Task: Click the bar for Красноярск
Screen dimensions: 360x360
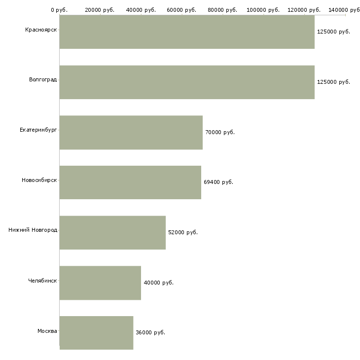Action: pos(187,32)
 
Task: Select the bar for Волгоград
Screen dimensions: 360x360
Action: pos(187,82)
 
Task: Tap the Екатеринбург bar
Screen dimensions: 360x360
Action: pos(131,132)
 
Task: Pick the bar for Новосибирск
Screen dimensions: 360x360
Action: pos(130,182)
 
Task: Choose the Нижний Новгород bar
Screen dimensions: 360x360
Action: pos(112,232)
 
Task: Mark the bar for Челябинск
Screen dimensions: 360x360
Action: pos(100,283)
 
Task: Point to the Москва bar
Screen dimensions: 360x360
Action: pos(96,332)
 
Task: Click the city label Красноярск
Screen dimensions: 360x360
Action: pos(41,30)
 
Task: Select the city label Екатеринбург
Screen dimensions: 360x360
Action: pos(38,130)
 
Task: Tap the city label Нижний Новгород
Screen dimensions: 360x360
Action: pos(33,230)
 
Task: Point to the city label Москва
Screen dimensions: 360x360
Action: pos(47,330)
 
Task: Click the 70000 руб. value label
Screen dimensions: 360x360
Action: pos(220,133)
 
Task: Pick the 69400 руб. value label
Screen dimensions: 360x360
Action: pos(218,182)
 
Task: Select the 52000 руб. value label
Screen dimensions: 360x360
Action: pos(183,233)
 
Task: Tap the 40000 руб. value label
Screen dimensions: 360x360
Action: pos(159,283)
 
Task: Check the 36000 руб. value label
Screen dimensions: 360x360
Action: pos(150,333)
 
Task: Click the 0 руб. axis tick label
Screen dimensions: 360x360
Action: pos(59,10)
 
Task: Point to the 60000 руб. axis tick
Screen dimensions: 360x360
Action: pos(181,10)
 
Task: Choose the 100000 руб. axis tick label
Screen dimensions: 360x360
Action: pos(263,10)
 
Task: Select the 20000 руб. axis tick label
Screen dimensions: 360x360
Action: pos(100,10)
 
